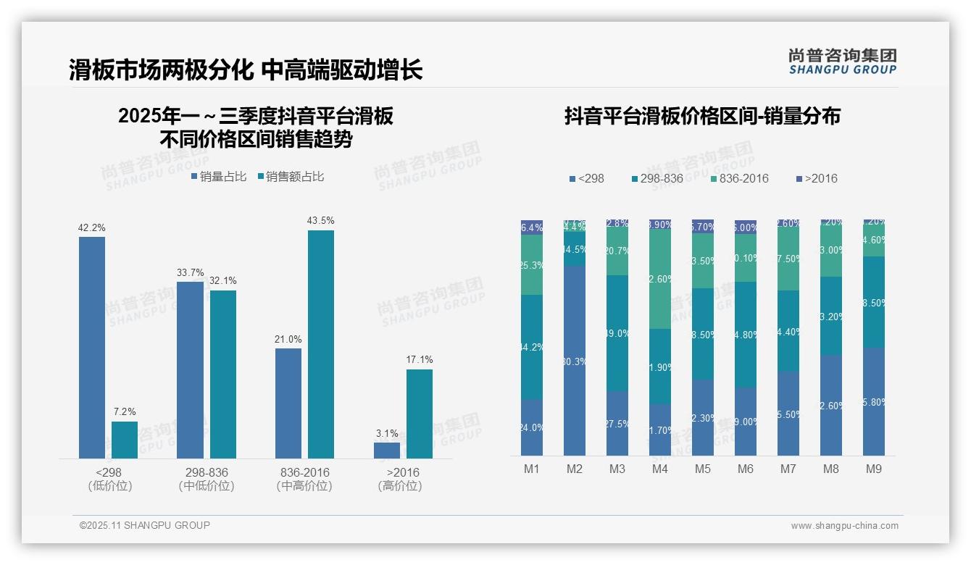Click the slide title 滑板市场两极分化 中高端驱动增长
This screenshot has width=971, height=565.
(x=246, y=70)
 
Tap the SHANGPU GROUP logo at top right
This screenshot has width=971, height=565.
(x=842, y=62)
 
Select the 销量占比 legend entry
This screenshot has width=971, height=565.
(x=219, y=177)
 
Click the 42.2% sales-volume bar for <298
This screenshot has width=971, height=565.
(x=92, y=348)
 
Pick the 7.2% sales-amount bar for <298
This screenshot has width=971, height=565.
(x=125, y=440)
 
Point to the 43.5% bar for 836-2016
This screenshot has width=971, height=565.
(x=321, y=344)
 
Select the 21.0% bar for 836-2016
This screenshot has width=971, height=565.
(x=288, y=403)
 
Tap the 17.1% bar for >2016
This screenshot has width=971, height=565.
(x=419, y=414)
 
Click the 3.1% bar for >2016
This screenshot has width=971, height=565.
(x=387, y=450)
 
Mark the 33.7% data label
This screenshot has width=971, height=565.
(x=190, y=273)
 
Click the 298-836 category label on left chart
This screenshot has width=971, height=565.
(x=207, y=472)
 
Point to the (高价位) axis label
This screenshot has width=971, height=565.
(x=399, y=486)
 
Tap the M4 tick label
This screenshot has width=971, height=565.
(x=659, y=469)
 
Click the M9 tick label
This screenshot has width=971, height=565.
(x=874, y=469)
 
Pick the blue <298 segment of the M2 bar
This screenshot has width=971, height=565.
(x=575, y=360)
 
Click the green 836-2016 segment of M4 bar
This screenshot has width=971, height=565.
(x=660, y=279)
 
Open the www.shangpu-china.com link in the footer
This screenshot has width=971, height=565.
(x=844, y=526)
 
